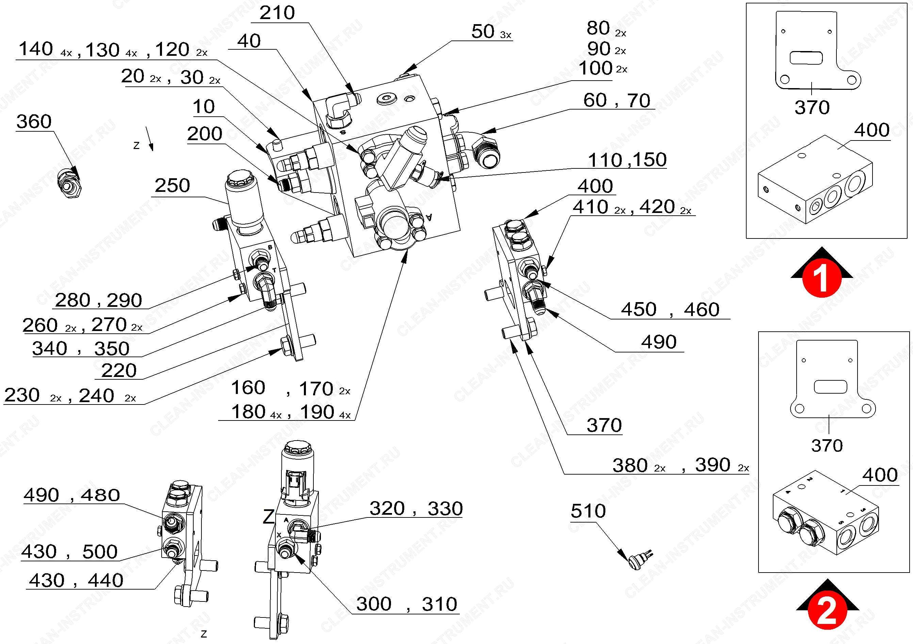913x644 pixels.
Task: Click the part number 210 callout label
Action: pos(277,13)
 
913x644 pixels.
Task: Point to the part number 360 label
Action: pos(34,122)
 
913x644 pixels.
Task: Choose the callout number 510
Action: pos(588,511)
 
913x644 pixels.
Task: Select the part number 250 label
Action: pos(172,186)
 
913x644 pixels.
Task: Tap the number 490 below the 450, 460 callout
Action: pos(659,342)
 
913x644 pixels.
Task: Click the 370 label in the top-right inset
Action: pos(812,108)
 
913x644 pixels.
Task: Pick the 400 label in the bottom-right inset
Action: pos(880,475)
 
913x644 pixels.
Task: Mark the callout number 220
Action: pos(119,371)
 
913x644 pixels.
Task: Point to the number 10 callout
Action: pos(203,107)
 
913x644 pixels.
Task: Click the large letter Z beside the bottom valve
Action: pos(269,517)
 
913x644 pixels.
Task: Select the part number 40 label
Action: pos(249,41)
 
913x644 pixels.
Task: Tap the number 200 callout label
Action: pos(205,134)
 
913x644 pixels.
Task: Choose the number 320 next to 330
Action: pos(387,509)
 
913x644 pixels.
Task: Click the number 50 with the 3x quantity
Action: pos(483,31)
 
